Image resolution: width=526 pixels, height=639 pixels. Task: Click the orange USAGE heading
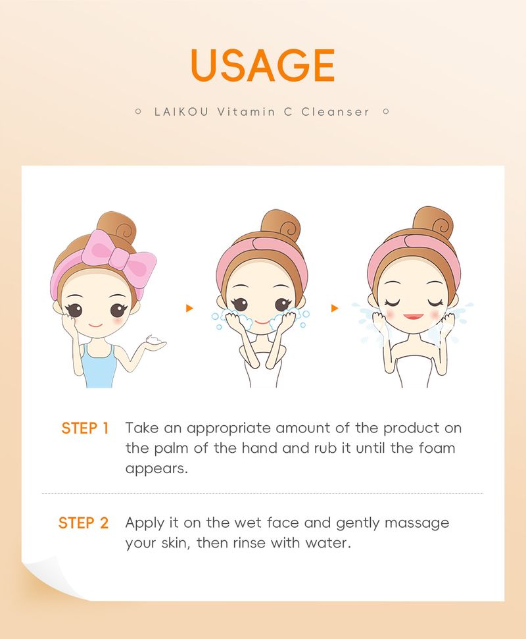262,65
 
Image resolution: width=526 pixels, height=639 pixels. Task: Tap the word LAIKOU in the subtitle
181,112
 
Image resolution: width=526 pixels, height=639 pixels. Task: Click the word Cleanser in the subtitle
335,112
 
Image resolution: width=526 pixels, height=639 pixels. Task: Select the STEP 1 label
85,428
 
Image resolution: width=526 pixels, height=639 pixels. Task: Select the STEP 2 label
84,523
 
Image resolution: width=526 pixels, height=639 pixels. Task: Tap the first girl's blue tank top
99,365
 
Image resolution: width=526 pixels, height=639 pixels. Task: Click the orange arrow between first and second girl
189,308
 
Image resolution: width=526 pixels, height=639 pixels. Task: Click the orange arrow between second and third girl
335,308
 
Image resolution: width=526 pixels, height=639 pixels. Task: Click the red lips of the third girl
414,317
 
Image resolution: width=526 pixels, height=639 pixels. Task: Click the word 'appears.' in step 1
156,469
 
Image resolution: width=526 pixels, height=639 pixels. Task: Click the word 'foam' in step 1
437,448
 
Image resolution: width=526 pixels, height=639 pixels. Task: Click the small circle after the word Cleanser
386,111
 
